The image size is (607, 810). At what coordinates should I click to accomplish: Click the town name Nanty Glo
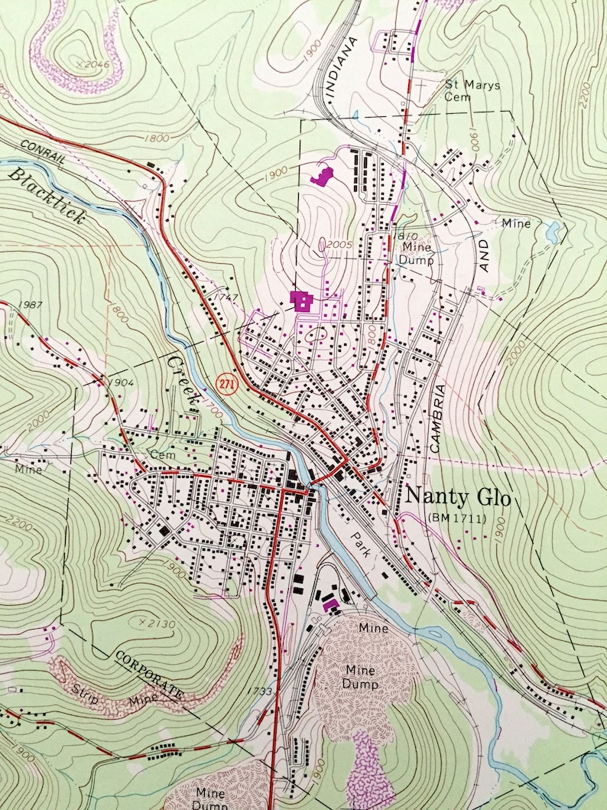pos(461,496)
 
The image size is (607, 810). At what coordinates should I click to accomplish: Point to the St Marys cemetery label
pos(472,90)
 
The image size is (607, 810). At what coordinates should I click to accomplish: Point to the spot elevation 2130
pos(160,625)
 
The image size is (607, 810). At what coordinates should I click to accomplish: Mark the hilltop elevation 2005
pos(337,244)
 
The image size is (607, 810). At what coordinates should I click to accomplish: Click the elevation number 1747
pos(221,298)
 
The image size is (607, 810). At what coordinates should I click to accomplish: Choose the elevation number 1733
pos(260,691)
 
